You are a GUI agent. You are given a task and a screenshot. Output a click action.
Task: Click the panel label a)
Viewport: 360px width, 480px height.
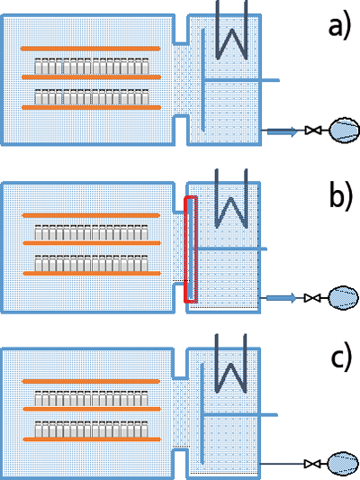[339, 27]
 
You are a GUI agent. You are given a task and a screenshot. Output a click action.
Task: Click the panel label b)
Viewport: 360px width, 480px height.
[340, 196]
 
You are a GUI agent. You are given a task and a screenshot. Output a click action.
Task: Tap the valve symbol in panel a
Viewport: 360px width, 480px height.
[313, 130]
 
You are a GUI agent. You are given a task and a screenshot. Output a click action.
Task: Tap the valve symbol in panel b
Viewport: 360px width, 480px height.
[312, 298]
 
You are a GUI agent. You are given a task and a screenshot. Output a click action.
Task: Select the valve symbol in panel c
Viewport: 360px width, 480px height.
[312, 464]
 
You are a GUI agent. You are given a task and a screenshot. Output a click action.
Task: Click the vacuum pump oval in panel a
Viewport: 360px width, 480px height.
[345, 130]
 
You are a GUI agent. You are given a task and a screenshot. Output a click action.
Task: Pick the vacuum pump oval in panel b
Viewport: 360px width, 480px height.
[343, 297]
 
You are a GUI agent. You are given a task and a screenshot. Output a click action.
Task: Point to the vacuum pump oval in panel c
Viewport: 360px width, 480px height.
[343, 464]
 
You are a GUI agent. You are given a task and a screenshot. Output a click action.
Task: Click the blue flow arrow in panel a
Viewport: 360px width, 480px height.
[282, 131]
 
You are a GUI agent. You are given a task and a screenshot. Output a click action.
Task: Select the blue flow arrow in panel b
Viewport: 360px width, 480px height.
[282, 298]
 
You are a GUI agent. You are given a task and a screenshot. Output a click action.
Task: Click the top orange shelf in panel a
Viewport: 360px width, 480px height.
[91, 49]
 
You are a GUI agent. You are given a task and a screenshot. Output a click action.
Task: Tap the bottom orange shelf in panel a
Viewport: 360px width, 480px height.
[92, 107]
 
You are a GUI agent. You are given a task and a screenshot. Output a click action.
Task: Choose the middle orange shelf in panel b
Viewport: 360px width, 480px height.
[92, 243]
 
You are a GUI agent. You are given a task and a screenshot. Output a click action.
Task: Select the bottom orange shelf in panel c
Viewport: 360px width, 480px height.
[92, 439]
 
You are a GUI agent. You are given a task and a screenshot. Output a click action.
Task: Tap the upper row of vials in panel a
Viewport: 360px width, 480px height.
[92, 66]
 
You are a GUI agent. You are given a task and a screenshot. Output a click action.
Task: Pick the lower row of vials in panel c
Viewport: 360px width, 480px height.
[92, 430]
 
